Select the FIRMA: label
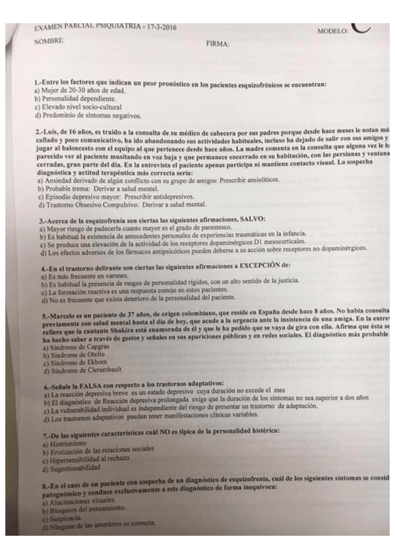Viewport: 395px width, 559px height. tap(218, 44)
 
